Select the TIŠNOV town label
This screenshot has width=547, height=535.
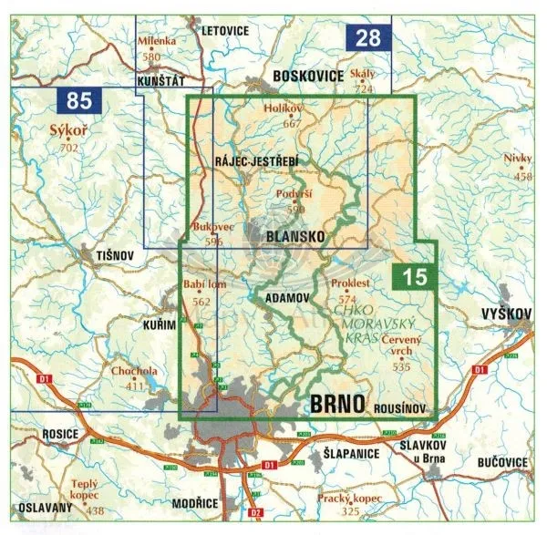[x=102, y=258]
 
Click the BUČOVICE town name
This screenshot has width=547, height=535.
[x=501, y=463]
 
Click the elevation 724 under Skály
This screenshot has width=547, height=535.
[x=365, y=88]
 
